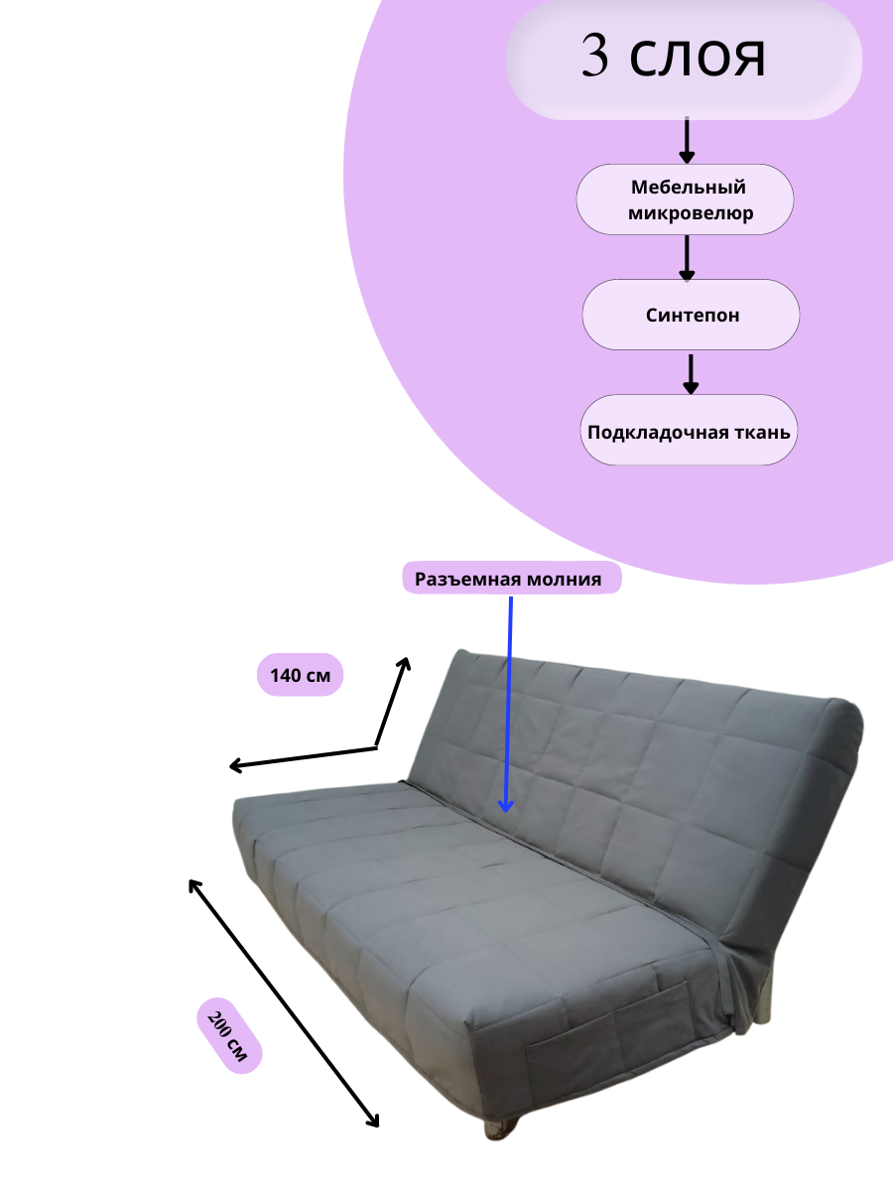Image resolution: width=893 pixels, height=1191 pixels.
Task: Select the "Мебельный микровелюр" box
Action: (686, 199)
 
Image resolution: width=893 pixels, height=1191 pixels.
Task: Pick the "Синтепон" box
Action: (691, 316)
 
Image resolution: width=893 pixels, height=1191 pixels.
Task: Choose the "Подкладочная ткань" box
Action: (689, 432)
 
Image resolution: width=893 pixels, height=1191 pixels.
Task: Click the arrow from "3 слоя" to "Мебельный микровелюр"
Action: (686, 141)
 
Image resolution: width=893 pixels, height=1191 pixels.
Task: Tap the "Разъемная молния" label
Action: (511, 580)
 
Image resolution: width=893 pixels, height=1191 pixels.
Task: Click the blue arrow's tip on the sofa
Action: (505, 809)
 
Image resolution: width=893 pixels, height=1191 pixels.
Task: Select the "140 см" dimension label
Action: (300, 676)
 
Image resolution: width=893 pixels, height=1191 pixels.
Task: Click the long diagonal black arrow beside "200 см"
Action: (284, 1002)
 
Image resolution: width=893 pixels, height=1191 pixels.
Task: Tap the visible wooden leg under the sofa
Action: (499, 1128)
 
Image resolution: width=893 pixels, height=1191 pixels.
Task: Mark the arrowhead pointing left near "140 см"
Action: (235, 765)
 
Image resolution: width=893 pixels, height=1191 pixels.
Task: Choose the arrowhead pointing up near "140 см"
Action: (405, 662)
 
